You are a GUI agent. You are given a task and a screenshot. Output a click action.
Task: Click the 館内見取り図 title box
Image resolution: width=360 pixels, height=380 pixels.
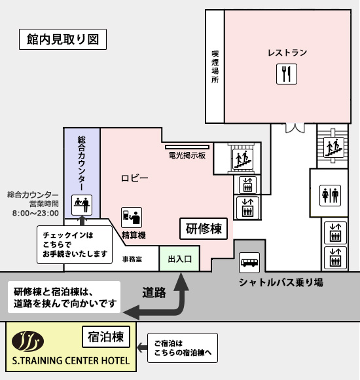63,39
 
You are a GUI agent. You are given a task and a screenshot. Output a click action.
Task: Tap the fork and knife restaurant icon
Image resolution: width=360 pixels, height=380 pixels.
287,74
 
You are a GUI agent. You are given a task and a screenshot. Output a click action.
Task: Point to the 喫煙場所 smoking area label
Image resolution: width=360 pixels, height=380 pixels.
215,67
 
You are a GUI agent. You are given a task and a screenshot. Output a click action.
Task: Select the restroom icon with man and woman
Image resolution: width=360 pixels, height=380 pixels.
330,196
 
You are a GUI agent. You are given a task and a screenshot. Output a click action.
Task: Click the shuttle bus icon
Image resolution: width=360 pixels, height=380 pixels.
249,263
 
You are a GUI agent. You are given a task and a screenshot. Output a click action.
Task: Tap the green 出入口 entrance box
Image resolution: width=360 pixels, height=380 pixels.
179,259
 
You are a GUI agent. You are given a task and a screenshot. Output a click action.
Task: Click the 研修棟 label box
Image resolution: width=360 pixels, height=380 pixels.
204,229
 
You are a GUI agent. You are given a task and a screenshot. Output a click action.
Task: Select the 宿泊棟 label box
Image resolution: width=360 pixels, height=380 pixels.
106,337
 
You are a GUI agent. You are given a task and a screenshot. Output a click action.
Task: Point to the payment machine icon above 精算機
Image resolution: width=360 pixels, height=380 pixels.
132,218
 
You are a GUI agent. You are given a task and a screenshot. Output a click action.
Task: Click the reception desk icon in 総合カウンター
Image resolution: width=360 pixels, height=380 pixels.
82,205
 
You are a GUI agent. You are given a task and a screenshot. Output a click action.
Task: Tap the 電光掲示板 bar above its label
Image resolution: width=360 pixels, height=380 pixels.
187,147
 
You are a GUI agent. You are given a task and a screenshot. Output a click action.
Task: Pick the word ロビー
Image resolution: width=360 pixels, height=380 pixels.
135,178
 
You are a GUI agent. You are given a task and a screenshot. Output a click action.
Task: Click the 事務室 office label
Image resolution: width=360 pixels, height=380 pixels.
132,259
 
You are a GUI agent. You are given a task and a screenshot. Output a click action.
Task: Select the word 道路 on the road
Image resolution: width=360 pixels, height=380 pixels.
154,292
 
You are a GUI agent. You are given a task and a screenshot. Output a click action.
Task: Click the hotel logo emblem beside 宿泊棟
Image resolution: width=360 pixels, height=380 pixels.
27,341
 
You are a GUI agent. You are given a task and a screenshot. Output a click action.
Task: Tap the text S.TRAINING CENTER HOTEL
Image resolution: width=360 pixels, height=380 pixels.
71,360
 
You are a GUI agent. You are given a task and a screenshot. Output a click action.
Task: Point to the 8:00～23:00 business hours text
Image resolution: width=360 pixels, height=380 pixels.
35,214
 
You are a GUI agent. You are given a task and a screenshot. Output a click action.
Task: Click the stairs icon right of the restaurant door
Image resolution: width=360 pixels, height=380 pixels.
334,147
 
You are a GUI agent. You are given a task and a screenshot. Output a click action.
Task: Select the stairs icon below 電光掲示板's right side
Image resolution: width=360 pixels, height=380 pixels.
243,159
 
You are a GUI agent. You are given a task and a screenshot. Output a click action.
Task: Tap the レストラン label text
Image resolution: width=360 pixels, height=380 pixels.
287,52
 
